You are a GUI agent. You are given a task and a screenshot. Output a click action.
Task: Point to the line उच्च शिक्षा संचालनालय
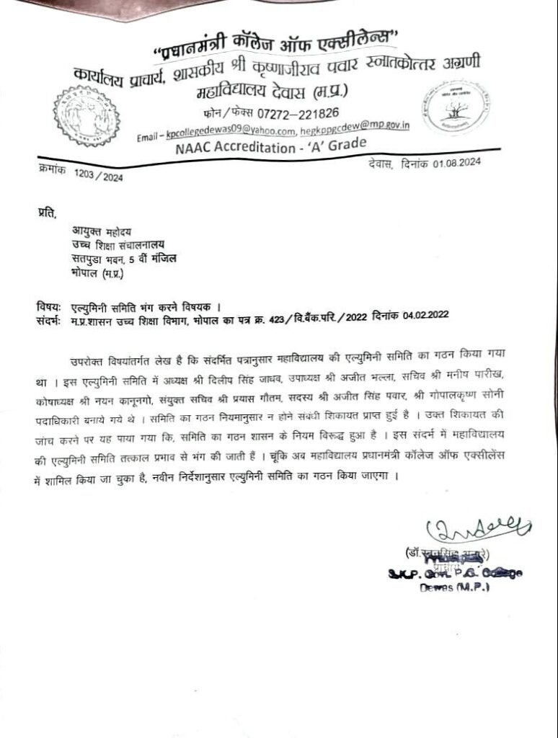coord(115,244)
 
